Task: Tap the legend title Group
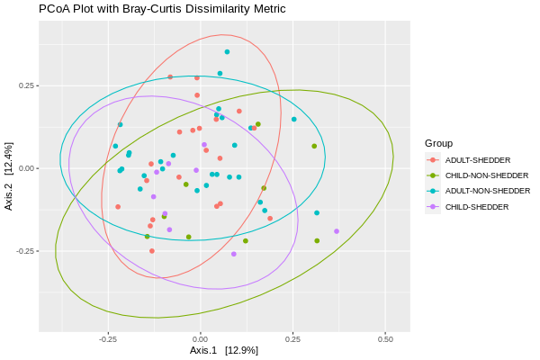[x=439, y=143]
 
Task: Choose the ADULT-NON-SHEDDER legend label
[x=487, y=191]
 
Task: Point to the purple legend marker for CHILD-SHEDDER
[x=433, y=207]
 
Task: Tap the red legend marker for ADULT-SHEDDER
[x=433, y=159]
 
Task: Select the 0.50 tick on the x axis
[x=385, y=339]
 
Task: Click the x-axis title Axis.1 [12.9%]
[x=224, y=350]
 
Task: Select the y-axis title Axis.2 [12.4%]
[x=9, y=176]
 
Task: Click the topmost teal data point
[x=227, y=52]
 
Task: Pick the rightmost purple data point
[x=337, y=231]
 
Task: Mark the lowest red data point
[x=152, y=251]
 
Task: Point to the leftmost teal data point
[x=115, y=146]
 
